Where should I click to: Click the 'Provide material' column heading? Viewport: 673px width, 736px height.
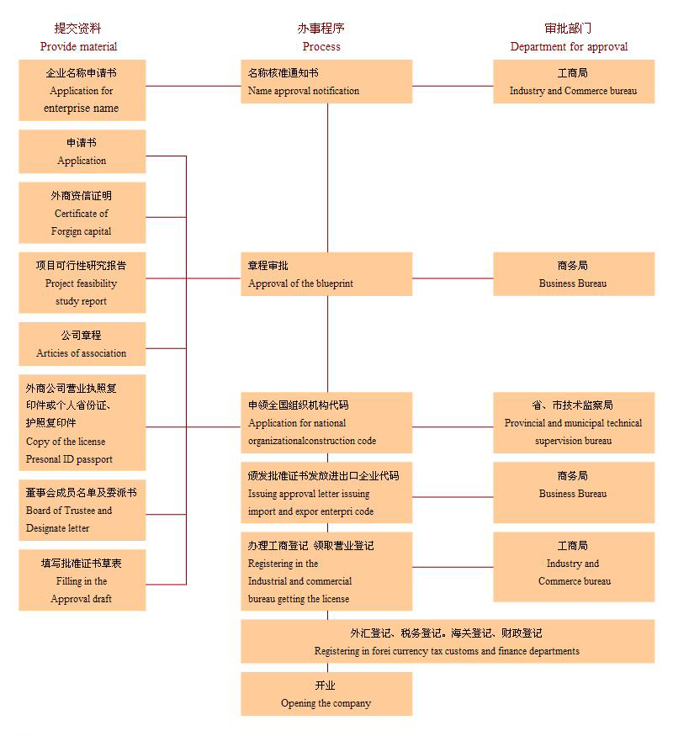pyautogui.click(x=78, y=46)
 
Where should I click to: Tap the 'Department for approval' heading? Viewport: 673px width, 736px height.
pyautogui.click(x=569, y=46)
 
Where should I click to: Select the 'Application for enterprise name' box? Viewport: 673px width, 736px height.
pyautogui.click(x=82, y=90)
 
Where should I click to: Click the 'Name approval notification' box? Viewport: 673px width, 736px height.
pyautogui.click(x=326, y=82)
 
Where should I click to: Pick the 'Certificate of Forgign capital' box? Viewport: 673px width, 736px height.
pyautogui.click(x=82, y=213)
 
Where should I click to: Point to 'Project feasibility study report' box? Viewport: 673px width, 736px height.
pyautogui.click(x=82, y=283)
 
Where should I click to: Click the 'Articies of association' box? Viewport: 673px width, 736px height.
pyautogui.click(x=82, y=344)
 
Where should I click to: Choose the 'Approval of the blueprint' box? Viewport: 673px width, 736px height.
pyautogui.click(x=326, y=274)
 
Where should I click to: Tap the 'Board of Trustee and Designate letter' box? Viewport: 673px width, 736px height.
pyautogui.click(x=82, y=510)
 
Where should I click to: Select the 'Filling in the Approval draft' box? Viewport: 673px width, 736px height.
pyautogui.click(x=82, y=580)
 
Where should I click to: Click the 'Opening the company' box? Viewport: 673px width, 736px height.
pyautogui.click(x=326, y=694)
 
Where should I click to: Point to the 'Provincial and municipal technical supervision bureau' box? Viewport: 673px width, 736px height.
pyautogui.click(x=573, y=422)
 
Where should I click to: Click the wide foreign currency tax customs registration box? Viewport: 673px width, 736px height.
pyautogui.click(x=447, y=642)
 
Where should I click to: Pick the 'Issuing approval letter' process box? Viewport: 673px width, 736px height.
pyautogui.click(x=326, y=493)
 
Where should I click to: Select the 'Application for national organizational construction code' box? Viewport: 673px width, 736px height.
pyautogui.click(x=326, y=422)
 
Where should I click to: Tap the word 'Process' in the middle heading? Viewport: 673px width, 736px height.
pyautogui.click(x=321, y=46)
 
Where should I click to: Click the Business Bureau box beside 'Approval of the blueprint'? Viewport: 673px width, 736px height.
pyautogui.click(x=573, y=274)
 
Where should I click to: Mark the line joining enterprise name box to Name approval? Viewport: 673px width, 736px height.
pyautogui.click(x=193, y=86)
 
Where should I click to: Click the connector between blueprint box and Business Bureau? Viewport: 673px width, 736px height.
pyautogui.click(x=453, y=278)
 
